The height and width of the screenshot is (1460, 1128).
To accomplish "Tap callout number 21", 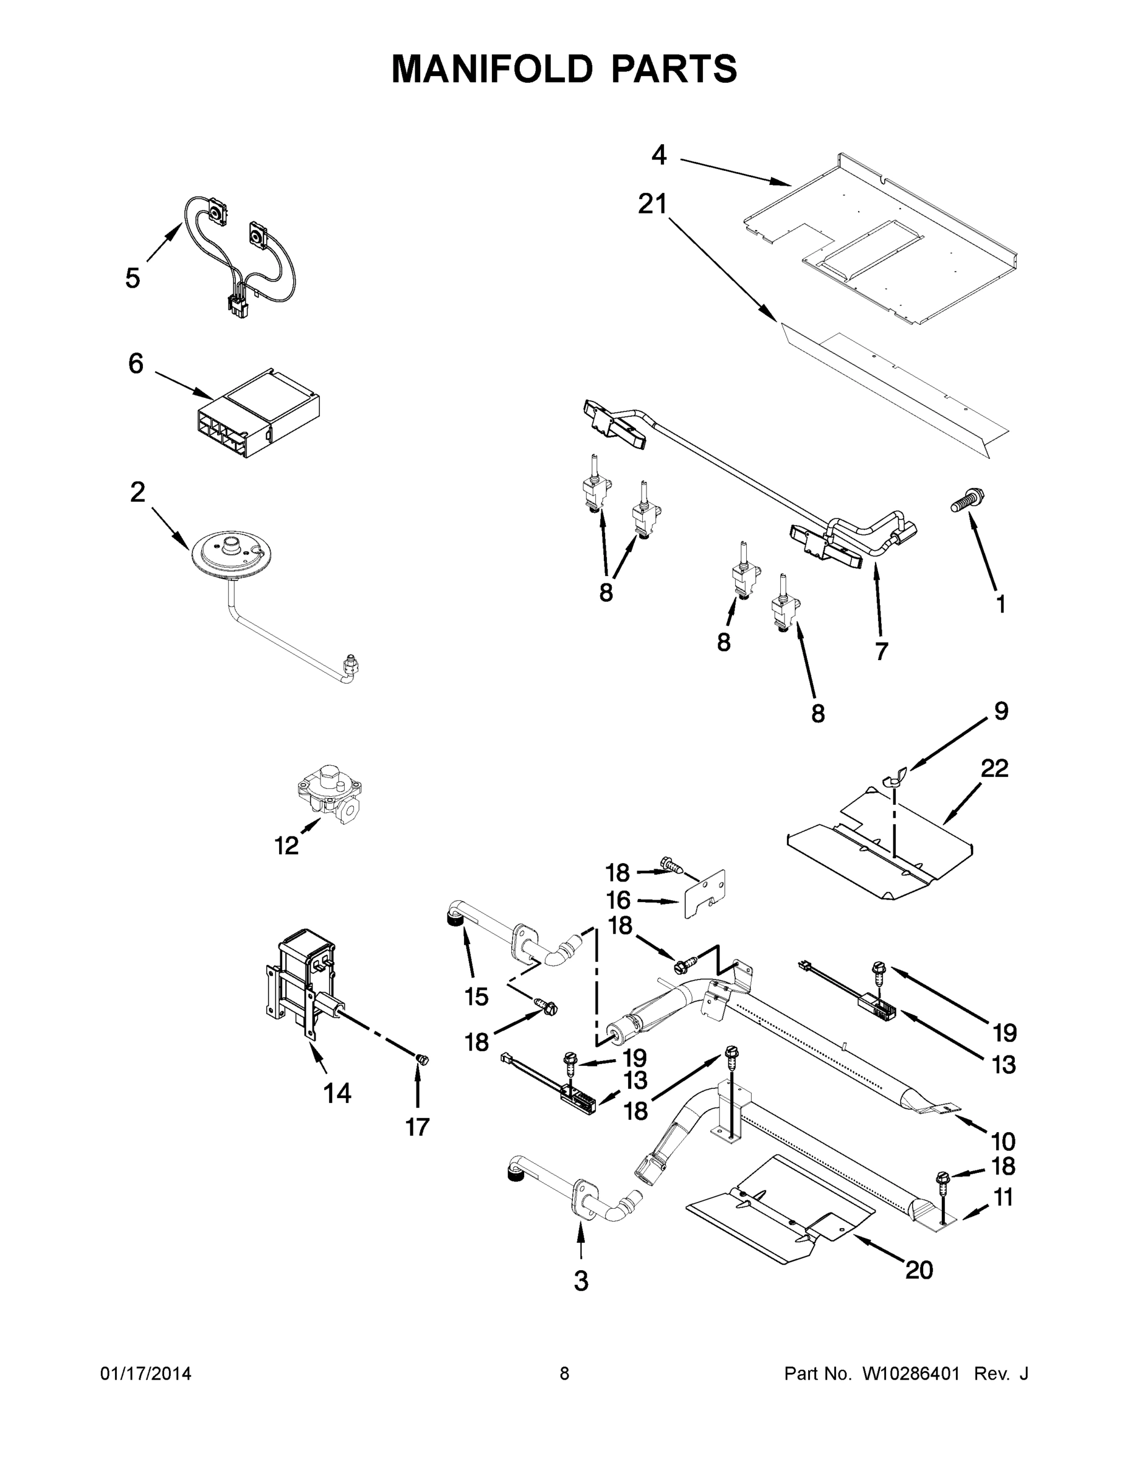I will click(x=652, y=204).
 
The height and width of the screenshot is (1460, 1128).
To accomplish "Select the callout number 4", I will click(x=659, y=156).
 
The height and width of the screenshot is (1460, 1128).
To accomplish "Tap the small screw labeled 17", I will click(x=421, y=1059).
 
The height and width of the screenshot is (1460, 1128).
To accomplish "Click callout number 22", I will click(x=994, y=768).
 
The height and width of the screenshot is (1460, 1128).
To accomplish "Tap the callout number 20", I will click(x=919, y=1270).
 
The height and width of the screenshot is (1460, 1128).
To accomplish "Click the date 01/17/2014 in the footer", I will click(x=146, y=1374).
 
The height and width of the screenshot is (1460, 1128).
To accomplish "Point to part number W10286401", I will click(x=911, y=1374).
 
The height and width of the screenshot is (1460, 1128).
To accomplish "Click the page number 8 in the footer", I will click(x=564, y=1374).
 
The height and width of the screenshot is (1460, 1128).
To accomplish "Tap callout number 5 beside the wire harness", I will click(x=133, y=278).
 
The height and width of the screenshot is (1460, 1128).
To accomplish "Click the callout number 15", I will click(x=477, y=996).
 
